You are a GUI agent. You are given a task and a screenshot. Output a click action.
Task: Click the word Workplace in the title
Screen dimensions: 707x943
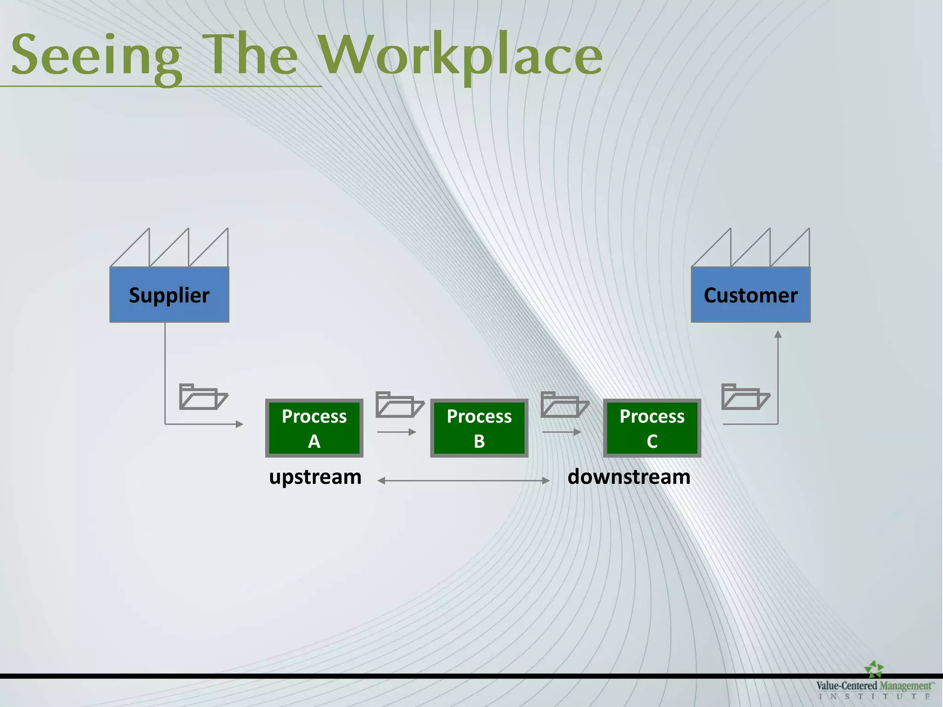[460, 55]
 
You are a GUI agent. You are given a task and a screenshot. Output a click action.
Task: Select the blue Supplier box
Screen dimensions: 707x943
[169, 295]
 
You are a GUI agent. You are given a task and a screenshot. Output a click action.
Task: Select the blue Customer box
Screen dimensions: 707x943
[751, 295]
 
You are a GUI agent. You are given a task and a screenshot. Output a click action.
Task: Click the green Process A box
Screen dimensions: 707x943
[314, 428]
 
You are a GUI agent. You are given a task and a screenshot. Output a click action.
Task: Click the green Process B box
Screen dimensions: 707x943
[479, 428]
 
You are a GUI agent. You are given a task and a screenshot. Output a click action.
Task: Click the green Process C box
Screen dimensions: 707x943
[652, 428]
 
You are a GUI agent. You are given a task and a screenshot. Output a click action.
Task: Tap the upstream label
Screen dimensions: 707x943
[315, 477]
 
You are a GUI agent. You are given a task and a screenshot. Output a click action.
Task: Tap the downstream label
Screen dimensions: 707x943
[629, 477]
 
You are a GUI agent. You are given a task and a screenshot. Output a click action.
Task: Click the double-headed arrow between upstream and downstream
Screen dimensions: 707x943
[463, 481]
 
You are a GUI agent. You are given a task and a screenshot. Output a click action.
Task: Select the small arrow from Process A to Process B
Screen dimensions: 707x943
[396, 432]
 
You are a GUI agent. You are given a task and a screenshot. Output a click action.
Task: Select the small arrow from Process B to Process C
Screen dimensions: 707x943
[561, 432]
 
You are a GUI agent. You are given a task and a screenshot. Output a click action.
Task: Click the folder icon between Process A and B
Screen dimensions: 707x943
[399, 405]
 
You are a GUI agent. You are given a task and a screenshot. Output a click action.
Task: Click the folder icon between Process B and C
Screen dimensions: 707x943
[564, 405]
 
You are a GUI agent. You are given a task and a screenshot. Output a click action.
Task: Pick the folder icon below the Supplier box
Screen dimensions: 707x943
[203, 396]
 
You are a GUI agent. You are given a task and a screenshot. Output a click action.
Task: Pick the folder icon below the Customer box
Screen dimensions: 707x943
[745, 396]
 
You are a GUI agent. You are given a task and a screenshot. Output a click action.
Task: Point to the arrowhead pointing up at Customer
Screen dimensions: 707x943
[778, 334]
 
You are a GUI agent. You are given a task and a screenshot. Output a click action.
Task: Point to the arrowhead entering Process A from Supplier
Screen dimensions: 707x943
[239, 424]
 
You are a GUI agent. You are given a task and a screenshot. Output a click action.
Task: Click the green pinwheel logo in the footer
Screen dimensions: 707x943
[873, 669]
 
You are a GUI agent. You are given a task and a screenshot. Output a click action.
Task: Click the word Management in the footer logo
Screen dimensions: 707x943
[905, 686]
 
